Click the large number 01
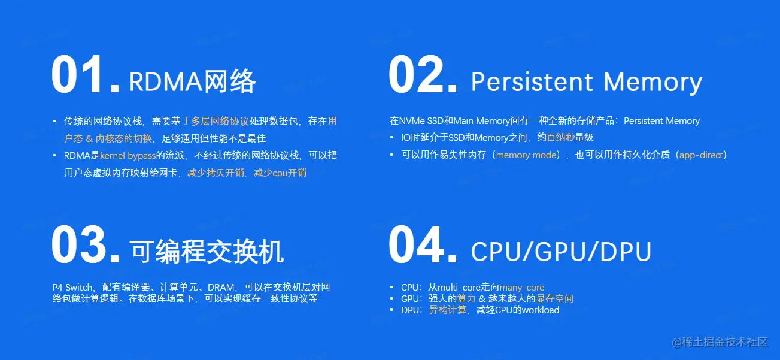tap(85, 75)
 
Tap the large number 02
tap(423, 75)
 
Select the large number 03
tap(86, 244)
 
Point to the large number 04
tap(423, 244)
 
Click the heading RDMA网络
tap(193, 81)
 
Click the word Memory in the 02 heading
tap(653, 82)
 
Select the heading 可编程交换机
tap(207, 251)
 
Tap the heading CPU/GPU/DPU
tap(561, 251)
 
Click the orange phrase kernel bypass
tap(128, 155)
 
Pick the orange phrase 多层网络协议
tap(220, 121)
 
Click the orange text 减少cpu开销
tap(280, 173)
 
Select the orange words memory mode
tap(526, 155)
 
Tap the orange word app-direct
tap(701, 155)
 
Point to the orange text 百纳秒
tap(561, 137)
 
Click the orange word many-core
tap(522, 288)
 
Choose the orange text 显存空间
tap(554, 299)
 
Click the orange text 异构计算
tap(447, 310)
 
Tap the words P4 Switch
tap(72, 288)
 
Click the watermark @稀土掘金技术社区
tap(720, 343)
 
